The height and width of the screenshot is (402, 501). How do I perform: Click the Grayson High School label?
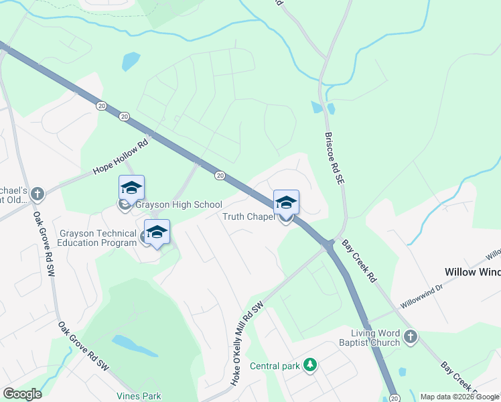[179, 204]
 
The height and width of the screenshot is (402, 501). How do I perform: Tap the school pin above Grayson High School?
[131, 188]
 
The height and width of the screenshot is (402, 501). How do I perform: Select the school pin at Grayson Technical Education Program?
[157, 232]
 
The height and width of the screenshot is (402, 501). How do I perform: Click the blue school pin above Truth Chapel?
[286, 202]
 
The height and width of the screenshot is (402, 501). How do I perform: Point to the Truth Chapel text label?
[249, 216]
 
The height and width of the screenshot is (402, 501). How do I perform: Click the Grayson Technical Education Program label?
[98, 238]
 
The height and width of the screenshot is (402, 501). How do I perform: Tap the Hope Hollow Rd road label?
[121, 158]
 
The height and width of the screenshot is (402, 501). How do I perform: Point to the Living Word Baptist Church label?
[376, 338]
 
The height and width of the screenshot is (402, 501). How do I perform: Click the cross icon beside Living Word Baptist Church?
[411, 337]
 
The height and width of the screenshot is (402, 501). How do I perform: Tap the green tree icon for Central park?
[309, 365]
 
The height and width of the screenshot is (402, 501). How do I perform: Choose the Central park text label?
[276, 366]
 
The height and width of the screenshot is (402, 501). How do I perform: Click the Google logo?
[22, 394]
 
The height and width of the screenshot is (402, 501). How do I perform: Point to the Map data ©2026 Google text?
[460, 397]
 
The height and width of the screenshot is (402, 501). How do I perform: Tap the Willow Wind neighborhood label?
[473, 272]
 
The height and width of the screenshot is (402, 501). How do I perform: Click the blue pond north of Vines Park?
[134, 345]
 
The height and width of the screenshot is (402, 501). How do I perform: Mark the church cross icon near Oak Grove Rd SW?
[38, 194]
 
